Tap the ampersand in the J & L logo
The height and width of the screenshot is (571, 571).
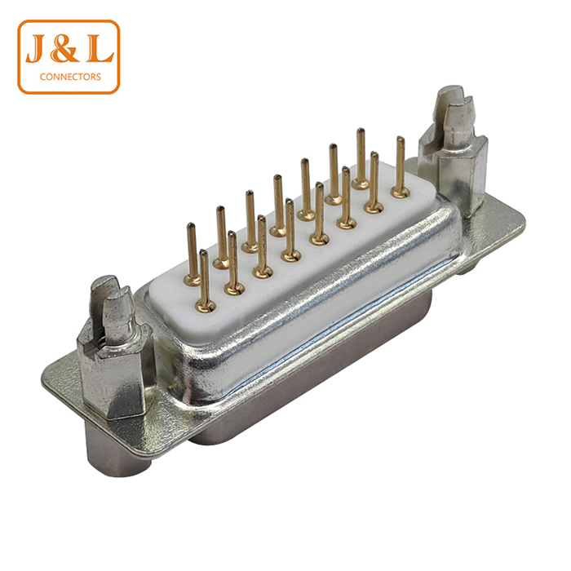click(64, 48)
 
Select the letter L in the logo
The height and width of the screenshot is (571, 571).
click(100, 48)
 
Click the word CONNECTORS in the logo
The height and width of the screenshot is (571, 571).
click(70, 77)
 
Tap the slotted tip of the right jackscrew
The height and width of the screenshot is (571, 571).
click(455, 105)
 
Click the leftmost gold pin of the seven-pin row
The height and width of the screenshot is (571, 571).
click(205, 281)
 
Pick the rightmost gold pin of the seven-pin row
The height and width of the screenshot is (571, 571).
click(374, 182)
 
